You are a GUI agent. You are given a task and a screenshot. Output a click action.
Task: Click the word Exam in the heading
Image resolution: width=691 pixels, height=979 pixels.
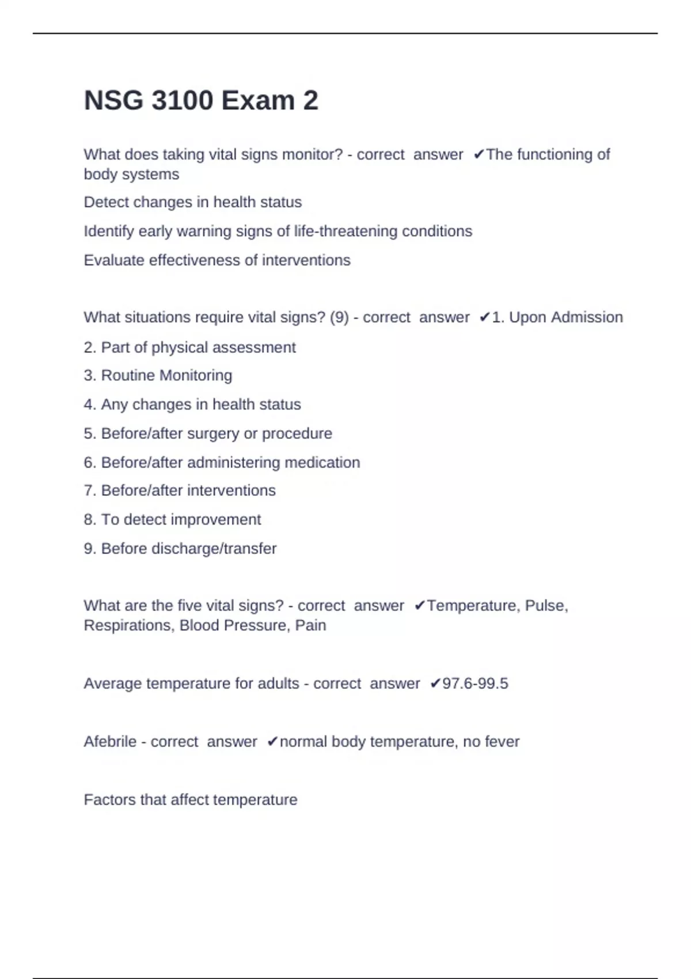[258, 101]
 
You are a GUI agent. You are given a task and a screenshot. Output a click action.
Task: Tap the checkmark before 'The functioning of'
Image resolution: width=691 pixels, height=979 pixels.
[479, 154]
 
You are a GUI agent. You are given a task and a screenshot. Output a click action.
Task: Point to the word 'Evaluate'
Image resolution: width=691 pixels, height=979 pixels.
[114, 260]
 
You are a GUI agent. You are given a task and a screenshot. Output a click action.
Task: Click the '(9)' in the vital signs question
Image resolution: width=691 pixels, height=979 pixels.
[339, 317]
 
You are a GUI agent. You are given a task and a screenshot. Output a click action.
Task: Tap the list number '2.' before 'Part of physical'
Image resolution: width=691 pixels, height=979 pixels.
[90, 347]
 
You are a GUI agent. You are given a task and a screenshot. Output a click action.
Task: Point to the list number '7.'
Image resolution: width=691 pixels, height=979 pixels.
[90, 491]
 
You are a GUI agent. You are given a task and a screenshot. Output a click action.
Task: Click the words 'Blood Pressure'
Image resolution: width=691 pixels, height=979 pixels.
[233, 625]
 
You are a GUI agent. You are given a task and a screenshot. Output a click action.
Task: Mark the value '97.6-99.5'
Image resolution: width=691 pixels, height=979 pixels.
[475, 684]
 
